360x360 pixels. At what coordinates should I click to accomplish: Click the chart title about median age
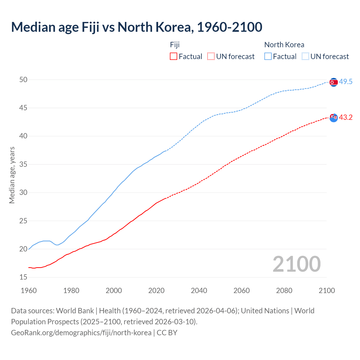pos(137,27)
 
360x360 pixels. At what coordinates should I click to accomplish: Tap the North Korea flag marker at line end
pos(333,82)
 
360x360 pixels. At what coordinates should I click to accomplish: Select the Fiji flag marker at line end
pos(334,118)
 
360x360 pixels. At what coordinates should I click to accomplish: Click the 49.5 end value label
pos(346,82)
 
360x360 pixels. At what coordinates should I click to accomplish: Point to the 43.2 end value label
pos(346,118)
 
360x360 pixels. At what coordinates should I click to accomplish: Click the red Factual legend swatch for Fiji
pos(174,57)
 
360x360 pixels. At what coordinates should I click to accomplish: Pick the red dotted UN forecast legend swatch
pos(211,57)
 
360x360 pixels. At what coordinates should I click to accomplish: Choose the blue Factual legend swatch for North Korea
pos(268,57)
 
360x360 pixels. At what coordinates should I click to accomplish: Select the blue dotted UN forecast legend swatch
pos(305,57)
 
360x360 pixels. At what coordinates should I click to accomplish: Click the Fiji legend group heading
pos(175,45)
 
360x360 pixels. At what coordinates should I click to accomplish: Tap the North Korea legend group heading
pos(284,45)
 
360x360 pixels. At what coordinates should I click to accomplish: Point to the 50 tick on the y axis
pos(23,80)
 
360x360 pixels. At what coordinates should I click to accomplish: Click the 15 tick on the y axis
pos(23,277)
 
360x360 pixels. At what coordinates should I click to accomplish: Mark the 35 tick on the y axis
pos(23,164)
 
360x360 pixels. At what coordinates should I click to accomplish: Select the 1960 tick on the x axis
pos(29,291)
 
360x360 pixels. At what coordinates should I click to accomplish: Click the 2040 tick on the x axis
pos(199,291)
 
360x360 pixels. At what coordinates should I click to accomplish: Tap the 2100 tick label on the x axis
pos(327,291)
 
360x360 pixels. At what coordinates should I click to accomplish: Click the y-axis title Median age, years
pos(12,175)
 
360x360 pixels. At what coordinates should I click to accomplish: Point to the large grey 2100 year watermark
pos(296,264)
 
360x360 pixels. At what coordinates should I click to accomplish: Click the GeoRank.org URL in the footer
pos(81,333)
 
